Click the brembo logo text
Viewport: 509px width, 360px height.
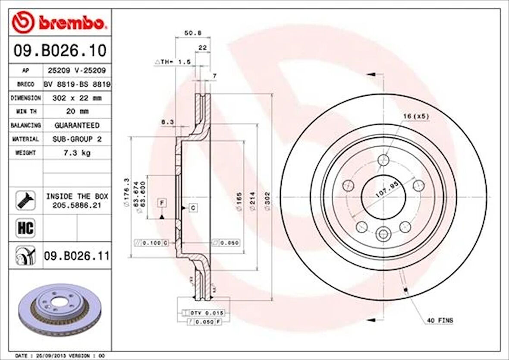tap(71, 23)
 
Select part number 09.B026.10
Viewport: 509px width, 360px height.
tap(60, 51)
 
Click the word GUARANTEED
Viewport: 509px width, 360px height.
tap(76, 125)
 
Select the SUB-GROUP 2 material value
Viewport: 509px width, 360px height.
tap(76, 139)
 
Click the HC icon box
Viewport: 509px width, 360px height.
tap(25, 227)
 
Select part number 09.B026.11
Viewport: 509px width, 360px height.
tap(76, 256)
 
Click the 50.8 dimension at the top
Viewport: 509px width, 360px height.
tap(190, 33)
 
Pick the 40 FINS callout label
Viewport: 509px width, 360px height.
tap(440, 320)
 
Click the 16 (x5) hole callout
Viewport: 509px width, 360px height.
tap(416, 117)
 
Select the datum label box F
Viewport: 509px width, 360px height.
tap(162, 202)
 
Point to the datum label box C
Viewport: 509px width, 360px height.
tap(193, 208)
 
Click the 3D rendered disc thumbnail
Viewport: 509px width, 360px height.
tap(60, 309)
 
